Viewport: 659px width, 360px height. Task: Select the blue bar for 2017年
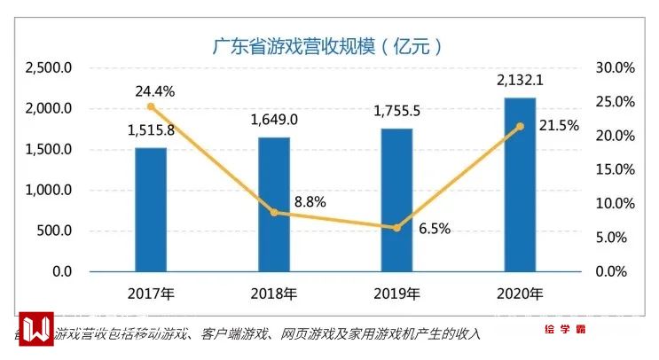point(151,208)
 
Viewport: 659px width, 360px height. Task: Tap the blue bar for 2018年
point(273,204)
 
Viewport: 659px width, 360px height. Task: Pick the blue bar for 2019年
point(396,200)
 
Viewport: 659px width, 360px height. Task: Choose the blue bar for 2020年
point(520,184)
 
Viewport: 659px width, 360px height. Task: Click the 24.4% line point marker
point(151,106)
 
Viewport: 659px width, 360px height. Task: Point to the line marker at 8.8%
point(273,212)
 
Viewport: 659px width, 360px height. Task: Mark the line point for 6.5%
point(396,228)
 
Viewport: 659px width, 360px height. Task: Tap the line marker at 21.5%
point(520,126)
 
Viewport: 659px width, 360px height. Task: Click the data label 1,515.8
point(151,131)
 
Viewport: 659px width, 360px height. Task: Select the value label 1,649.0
point(274,120)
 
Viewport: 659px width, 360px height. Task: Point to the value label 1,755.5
point(396,112)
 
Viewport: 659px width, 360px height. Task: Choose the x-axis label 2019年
point(396,293)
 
